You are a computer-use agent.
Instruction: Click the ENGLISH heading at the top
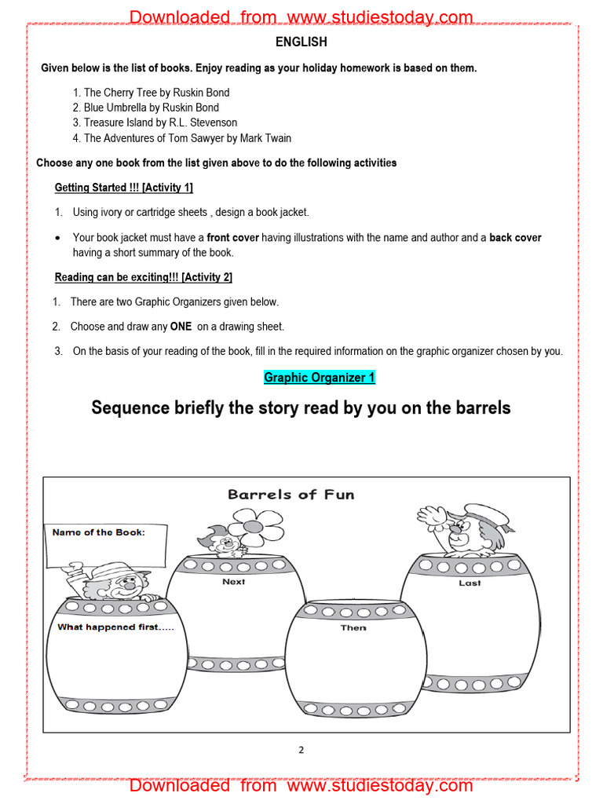pyautogui.click(x=301, y=42)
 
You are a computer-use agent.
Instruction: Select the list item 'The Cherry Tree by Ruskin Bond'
pyautogui.click(x=156, y=93)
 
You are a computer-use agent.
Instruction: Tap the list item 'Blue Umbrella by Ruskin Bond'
pyautogui.click(x=151, y=108)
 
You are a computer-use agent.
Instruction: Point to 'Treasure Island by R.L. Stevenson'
pyautogui.click(x=160, y=122)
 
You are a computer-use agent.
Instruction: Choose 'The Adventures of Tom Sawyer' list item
pyautogui.click(x=187, y=138)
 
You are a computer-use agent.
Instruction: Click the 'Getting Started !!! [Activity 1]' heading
pyautogui.click(x=123, y=188)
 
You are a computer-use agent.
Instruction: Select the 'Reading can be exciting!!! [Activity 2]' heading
pyautogui.click(x=143, y=277)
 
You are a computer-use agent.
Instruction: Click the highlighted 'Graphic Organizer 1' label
pyautogui.click(x=320, y=378)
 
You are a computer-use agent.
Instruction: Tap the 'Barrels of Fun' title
pyautogui.click(x=291, y=495)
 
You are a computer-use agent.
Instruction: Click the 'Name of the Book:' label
pyautogui.click(x=99, y=532)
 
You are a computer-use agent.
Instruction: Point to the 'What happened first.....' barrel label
pyautogui.click(x=115, y=627)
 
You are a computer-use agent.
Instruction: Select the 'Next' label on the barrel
pyautogui.click(x=233, y=582)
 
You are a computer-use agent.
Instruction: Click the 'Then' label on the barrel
pyautogui.click(x=353, y=628)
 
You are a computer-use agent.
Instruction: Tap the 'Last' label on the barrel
pyautogui.click(x=470, y=583)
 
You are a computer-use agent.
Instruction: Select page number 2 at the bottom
pyautogui.click(x=301, y=750)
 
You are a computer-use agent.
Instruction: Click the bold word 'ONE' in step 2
pyautogui.click(x=181, y=327)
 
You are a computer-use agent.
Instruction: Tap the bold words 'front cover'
pyautogui.click(x=232, y=238)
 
